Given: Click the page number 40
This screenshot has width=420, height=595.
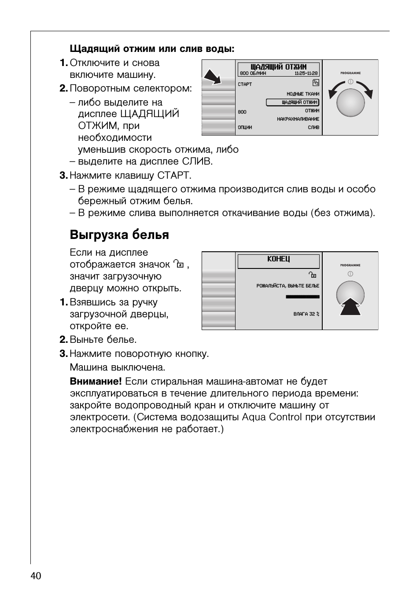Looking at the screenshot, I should (x=36, y=576).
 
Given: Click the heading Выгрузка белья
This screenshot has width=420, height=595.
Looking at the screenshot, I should (x=119, y=235).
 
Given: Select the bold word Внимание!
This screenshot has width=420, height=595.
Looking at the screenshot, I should (x=96, y=382).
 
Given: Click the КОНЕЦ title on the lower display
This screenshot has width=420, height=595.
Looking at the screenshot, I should (x=278, y=259).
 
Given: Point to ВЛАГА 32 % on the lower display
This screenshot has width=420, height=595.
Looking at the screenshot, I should (x=306, y=314).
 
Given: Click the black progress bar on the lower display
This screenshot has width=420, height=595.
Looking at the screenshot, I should (x=302, y=297).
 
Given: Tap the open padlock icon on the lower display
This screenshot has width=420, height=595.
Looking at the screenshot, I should (x=313, y=275).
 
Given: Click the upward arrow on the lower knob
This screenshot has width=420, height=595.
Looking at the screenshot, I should (x=350, y=307).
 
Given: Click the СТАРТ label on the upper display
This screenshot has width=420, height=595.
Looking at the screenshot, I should (x=245, y=84).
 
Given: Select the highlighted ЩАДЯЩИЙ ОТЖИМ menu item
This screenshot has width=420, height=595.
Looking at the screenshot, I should (x=293, y=103).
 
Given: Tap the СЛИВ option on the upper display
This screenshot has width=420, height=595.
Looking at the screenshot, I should (x=313, y=128).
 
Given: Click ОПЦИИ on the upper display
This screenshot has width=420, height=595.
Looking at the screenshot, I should (x=245, y=128).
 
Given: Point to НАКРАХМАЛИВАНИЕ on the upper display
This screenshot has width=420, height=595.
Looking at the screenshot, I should (x=298, y=119).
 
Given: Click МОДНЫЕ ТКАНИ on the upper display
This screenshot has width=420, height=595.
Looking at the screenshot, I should (x=303, y=94).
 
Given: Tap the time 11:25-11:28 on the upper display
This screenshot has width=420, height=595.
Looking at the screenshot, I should (x=306, y=73).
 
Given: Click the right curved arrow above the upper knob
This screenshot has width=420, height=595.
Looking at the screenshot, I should (x=365, y=89).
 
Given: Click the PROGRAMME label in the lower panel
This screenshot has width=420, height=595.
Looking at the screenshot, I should (x=350, y=265).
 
